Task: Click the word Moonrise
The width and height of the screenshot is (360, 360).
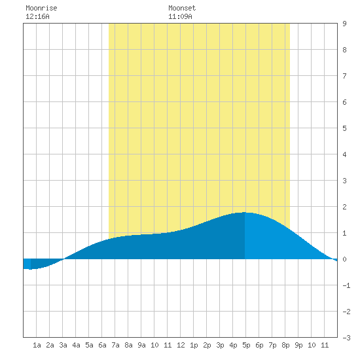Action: click(41, 8)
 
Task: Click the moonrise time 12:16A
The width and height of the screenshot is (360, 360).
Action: click(37, 16)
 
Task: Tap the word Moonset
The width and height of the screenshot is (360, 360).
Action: click(182, 8)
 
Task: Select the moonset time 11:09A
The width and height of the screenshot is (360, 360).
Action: click(180, 16)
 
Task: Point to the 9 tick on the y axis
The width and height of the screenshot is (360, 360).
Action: click(344, 24)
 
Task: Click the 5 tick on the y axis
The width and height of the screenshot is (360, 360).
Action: click(344, 128)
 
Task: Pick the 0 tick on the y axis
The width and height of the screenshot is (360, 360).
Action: click(344, 259)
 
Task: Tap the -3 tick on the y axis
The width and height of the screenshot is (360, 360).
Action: click(346, 338)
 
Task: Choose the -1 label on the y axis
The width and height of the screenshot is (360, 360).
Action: click(346, 285)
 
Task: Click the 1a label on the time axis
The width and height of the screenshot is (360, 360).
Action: click(37, 345)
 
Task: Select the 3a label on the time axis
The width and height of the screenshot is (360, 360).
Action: click(63, 345)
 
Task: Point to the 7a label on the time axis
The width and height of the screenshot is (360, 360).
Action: click(115, 345)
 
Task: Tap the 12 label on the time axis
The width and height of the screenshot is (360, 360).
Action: click(181, 345)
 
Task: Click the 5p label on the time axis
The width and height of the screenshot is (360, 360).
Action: click(246, 345)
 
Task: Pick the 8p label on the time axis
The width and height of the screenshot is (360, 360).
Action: click(285, 345)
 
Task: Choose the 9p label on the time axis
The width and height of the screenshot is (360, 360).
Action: click(298, 345)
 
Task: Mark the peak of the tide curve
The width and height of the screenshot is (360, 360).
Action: click(245, 212)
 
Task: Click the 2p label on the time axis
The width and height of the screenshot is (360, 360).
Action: click(207, 345)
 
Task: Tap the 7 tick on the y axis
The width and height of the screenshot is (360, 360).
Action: click(344, 76)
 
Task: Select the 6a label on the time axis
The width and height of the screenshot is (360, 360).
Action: click(102, 345)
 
